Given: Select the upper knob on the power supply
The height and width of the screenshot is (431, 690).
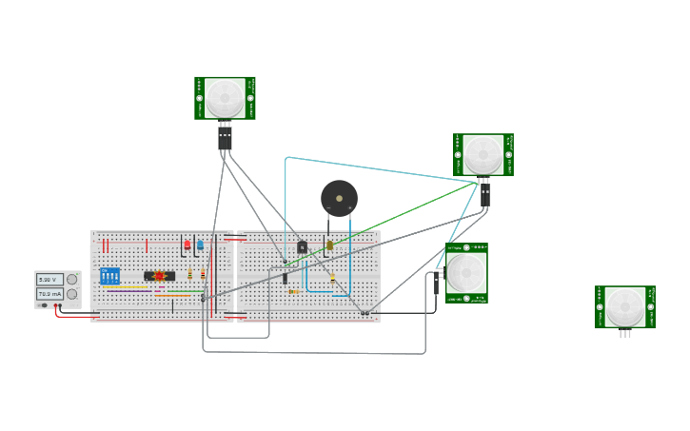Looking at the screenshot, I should pos(71,280).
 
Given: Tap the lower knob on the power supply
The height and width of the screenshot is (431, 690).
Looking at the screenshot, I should pos(71,294).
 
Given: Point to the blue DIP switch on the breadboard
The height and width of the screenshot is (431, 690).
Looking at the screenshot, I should pos(109,276).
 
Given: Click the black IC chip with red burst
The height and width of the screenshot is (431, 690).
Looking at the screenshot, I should pos(159,276).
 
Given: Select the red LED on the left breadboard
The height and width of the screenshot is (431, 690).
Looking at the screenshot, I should pos(187,245).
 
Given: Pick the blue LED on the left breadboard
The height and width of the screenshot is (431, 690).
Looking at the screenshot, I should pos(200,245).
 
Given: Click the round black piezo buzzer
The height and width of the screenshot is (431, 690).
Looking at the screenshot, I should pos(339,198).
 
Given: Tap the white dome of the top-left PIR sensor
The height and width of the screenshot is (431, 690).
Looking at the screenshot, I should pos(226,97).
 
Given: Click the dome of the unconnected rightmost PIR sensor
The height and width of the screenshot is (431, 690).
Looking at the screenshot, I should pos(625,305).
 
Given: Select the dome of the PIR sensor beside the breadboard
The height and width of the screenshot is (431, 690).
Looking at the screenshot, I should pos(466,272).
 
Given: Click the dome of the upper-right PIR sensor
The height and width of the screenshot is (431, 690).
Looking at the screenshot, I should pos(483,153).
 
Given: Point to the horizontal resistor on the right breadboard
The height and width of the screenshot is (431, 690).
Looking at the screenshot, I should pos(294,291).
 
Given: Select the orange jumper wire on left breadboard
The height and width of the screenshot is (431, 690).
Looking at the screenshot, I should pos(172,296).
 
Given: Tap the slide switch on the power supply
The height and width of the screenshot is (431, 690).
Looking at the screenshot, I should pos(44,305).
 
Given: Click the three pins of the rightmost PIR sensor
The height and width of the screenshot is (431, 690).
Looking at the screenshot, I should pos(625,334).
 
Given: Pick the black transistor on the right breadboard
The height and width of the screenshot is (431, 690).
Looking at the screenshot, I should pos(302,247).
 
